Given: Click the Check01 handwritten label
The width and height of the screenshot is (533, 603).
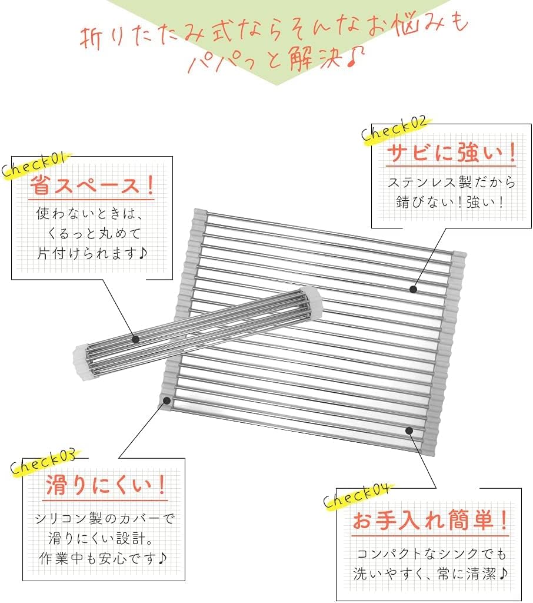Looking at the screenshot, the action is pos(36,165).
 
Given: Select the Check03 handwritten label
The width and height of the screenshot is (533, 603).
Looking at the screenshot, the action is pos(43,462).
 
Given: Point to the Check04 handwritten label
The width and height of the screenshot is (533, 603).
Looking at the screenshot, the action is pos(357,495).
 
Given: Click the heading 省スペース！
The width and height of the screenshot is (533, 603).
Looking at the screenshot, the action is pos(92,185).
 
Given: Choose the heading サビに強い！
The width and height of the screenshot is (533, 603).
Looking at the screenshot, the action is pos(451,153).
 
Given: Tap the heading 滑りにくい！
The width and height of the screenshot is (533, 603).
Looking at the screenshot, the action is pos(106,485).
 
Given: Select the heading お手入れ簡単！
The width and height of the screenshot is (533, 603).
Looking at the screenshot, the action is pos(431,520).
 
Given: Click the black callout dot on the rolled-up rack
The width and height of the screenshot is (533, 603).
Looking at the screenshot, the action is pos(135,339).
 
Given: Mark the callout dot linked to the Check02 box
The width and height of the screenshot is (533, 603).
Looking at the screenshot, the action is pos(413,289).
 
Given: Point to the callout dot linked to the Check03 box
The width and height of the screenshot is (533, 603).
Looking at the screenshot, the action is pos(166,400).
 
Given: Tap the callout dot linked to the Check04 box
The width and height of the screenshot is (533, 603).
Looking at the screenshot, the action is pos(409,430).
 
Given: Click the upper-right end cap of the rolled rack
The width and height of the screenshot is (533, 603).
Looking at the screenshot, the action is pos(312,303).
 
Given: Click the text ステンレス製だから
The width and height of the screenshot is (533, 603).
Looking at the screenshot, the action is pos(451,182).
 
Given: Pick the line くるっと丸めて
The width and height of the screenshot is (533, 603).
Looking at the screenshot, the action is pos(95,233).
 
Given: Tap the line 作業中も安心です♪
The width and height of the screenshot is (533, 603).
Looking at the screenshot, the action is pos(102,558).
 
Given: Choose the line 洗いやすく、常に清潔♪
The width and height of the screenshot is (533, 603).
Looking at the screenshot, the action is pos(431,575).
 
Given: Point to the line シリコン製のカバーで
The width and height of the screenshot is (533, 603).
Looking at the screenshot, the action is pos(104,518).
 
